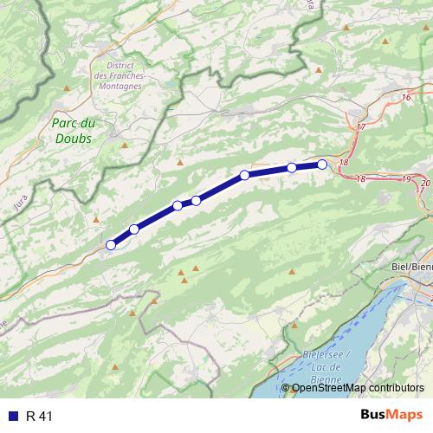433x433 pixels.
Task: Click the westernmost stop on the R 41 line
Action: click(x=111, y=245)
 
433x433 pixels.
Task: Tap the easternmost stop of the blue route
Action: click(x=322, y=165)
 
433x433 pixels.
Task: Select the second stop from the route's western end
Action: click(x=134, y=229)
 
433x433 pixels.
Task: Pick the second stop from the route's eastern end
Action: click(x=292, y=168)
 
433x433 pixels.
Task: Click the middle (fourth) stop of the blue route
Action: click(x=197, y=201)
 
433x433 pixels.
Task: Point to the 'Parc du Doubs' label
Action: click(x=73, y=130)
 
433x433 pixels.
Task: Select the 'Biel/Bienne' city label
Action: click(x=412, y=267)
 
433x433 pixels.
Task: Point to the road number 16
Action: click(x=405, y=98)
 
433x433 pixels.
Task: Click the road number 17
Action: click(x=361, y=127)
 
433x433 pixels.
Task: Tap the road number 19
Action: click(x=406, y=178)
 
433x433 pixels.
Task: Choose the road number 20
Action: click(x=424, y=184)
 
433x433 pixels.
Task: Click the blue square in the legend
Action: click(x=12, y=416)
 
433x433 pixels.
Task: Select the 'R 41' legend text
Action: click(x=39, y=416)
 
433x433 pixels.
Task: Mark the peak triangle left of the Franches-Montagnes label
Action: click(x=68, y=88)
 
